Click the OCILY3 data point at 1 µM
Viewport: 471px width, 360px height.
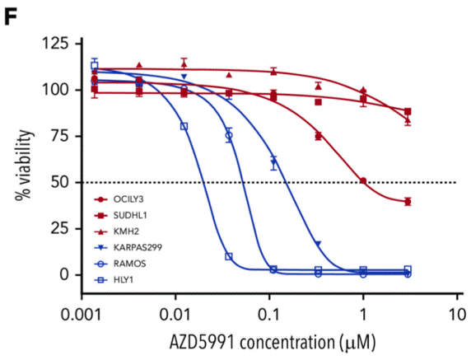point(363,180)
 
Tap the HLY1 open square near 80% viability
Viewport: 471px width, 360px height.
point(184,126)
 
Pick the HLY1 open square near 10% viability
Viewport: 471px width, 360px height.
point(229,256)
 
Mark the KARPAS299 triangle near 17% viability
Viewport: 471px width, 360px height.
point(318,243)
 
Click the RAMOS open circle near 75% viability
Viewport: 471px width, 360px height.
point(229,134)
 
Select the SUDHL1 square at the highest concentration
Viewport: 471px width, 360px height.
point(408,111)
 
